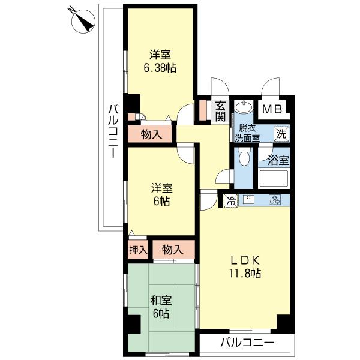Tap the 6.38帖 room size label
point(160,68)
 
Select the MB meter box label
point(272,110)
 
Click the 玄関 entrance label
point(220,111)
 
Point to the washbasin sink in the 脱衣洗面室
point(244,107)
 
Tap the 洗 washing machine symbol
point(281,134)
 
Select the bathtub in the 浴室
point(273,178)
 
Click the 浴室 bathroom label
point(278,160)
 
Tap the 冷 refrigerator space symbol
point(231,200)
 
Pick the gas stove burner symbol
point(275,200)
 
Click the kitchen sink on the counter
point(249,200)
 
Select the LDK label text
point(245,260)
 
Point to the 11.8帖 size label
point(245,274)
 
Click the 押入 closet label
point(138,250)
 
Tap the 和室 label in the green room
point(161,301)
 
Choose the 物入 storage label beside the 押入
point(172,250)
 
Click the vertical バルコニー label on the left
point(113,131)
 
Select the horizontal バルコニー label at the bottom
point(247,343)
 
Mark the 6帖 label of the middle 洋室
point(161,202)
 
